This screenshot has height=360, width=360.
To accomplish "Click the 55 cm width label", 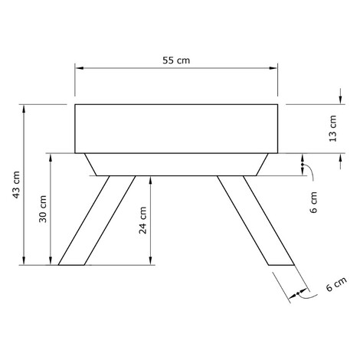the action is click(x=176, y=61).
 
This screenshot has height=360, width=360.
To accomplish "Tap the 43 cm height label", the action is click(x=16, y=185).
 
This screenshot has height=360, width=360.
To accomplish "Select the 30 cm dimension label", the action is click(x=43, y=209).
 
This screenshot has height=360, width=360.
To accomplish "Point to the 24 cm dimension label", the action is click(x=142, y=220).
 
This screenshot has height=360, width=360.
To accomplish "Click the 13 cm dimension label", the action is click(x=332, y=129).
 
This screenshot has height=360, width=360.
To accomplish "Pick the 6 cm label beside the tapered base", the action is click(x=313, y=202).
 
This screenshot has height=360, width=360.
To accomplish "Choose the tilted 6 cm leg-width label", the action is click(x=336, y=284).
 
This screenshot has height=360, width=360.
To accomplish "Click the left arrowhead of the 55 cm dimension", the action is click(x=80, y=68).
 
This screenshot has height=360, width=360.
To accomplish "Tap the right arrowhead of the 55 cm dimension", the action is click(x=273, y=68).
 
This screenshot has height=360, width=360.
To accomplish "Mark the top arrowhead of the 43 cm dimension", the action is click(x=24, y=109).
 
